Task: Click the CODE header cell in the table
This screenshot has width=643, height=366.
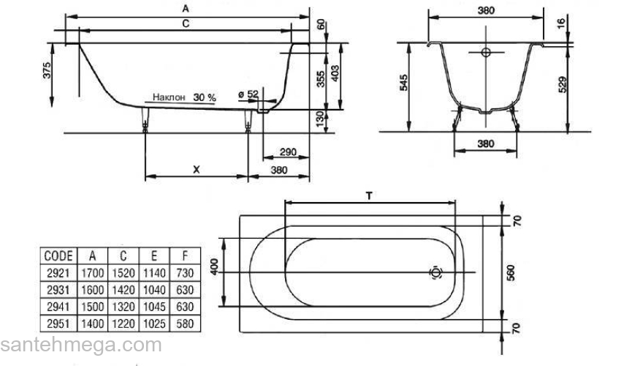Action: [x=58, y=256]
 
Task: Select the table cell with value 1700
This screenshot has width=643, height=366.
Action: [x=92, y=273]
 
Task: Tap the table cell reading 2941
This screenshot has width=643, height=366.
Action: [x=58, y=307]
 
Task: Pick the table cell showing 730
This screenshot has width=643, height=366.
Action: [x=185, y=273]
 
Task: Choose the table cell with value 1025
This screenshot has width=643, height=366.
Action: [x=154, y=324]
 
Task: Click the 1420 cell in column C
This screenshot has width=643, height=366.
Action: [x=123, y=290]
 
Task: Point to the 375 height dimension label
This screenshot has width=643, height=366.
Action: [x=47, y=70]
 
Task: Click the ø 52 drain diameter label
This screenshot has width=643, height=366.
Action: [x=248, y=94]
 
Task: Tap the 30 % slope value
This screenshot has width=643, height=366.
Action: [x=205, y=97]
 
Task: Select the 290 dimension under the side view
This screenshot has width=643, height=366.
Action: [x=288, y=152]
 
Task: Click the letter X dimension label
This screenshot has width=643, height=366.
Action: [x=197, y=169]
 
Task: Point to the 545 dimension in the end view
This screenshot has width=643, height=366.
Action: [x=403, y=83]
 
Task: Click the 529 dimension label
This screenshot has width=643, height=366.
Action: [x=563, y=84]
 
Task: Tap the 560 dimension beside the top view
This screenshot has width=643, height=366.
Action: [x=511, y=273]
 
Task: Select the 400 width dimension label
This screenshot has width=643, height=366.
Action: [x=215, y=267]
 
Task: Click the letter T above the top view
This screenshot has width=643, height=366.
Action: [x=369, y=196]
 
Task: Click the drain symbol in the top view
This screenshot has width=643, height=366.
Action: [x=435, y=272]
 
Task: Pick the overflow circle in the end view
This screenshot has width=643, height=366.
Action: [x=486, y=52]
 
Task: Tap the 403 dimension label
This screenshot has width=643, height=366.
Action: [x=335, y=73]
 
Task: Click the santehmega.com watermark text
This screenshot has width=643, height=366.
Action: [x=81, y=345]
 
